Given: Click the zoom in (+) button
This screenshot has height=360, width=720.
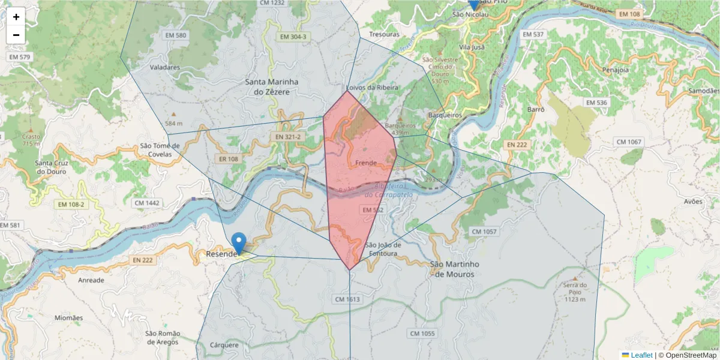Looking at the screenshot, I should [16, 17].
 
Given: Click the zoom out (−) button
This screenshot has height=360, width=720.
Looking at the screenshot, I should [16, 35].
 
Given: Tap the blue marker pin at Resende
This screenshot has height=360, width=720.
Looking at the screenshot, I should [239, 244].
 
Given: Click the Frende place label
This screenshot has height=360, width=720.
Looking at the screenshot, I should [365, 163].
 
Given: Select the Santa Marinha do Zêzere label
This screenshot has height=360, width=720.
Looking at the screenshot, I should [272, 86].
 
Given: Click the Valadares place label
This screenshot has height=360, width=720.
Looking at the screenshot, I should [164, 67].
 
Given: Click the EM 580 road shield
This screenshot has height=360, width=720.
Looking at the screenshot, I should [176, 35].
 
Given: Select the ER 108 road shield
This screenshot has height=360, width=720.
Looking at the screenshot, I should [229, 159].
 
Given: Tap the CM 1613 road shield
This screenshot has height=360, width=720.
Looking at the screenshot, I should [347, 299].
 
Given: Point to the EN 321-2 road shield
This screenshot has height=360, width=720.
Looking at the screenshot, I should [289, 137].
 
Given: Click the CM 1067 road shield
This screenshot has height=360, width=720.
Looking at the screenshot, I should [628, 142].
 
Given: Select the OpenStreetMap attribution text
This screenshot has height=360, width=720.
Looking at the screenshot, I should [687, 355].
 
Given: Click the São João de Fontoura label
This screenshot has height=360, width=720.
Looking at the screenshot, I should [381, 249].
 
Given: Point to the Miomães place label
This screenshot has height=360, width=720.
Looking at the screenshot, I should [68, 317].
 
